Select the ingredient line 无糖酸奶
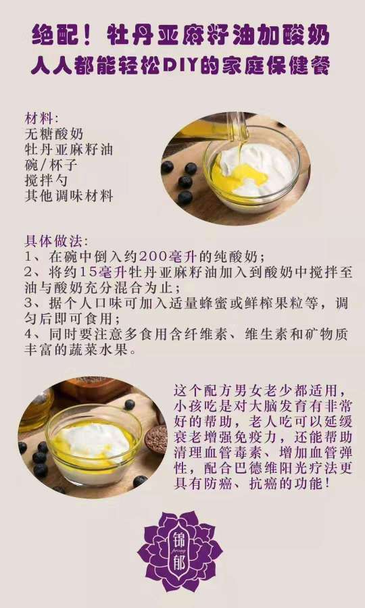tap(55, 134)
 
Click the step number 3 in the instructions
tap(28, 303)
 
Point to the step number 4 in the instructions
tap(28, 335)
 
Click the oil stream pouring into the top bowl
tap(237, 135)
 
